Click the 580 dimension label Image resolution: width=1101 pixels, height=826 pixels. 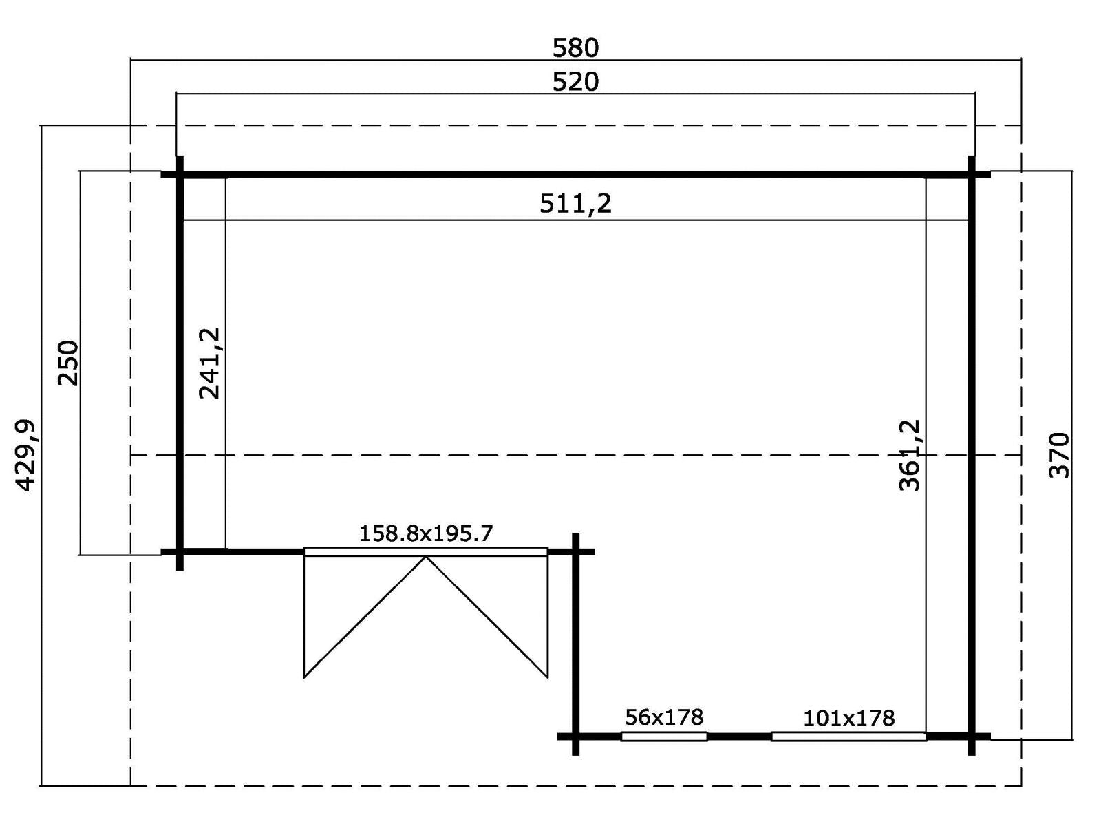pyautogui.click(x=575, y=48)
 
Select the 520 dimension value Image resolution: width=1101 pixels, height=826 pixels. pyautogui.click(x=575, y=82)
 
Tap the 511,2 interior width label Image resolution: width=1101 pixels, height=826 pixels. pyautogui.click(x=575, y=204)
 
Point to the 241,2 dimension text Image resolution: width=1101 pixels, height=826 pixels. pyautogui.click(x=210, y=363)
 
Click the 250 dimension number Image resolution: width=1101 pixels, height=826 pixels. pyautogui.click(x=69, y=363)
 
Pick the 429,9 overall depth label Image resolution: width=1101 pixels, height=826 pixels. pyautogui.click(x=26, y=456)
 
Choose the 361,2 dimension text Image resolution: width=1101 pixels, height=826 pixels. pyautogui.click(x=910, y=455)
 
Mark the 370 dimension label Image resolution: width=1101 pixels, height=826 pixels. pyautogui.click(x=1059, y=456)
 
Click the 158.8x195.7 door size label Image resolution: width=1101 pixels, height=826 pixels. pyautogui.click(x=426, y=533)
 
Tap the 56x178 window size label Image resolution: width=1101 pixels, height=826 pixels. pyautogui.click(x=664, y=717)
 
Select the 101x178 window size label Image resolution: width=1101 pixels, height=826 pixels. pyautogui.click(x=848, y=718)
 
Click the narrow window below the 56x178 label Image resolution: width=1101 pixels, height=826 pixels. pyautogui.click(x=664, y=737)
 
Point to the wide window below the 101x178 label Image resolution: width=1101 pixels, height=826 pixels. pyautogui.click(x=848, y=737)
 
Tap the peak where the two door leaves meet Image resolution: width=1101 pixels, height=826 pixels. pyautogui.click(x=426, y=556)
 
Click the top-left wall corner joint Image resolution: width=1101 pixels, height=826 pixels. pyautogui.click(x=180, y=175)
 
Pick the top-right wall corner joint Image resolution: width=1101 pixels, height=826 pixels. pyautogui.click(x=972, y=175)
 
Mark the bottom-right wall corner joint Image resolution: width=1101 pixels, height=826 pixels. pyautogui.click(x=972, y=737)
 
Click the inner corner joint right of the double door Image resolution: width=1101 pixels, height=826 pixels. pyautogui.click(x=576, y=551)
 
